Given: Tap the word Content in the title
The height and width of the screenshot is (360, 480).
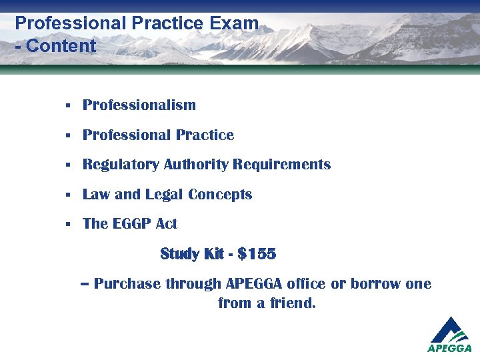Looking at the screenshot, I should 61,46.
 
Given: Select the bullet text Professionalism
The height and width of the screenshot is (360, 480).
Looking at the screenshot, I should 139,105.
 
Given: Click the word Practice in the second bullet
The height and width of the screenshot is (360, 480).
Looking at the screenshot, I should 206,135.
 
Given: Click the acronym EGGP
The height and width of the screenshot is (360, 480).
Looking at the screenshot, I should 131,224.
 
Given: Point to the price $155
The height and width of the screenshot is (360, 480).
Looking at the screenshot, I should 257,254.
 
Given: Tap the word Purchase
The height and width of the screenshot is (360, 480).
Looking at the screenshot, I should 127,284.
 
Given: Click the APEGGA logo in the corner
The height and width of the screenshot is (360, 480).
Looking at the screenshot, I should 449,335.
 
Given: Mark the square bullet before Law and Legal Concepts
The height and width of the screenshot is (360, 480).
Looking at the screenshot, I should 68,195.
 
